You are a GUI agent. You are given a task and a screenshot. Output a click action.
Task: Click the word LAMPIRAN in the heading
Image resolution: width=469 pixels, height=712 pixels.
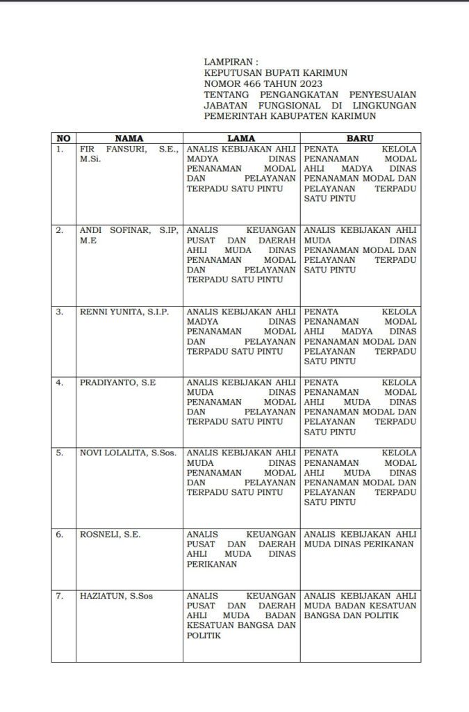[227, 62]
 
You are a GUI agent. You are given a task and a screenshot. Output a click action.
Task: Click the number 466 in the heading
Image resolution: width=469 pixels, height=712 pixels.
[252, 83]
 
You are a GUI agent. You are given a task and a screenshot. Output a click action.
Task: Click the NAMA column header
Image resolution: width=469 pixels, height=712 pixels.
[129, 138]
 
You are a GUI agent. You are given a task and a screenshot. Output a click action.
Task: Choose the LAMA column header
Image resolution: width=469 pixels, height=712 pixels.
[241, 138]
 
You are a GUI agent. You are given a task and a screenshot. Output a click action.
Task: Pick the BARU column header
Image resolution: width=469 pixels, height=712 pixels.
[360, 138]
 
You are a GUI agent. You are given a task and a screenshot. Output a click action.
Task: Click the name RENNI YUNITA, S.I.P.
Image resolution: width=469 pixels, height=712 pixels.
[124, 311]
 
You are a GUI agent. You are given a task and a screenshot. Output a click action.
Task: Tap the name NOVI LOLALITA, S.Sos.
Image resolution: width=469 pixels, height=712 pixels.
[128, 453]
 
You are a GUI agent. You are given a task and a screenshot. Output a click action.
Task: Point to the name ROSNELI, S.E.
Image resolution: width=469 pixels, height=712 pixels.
[110, 534]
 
